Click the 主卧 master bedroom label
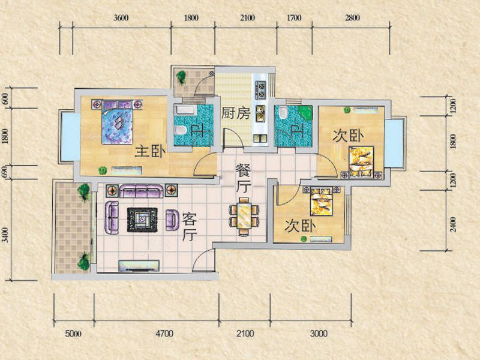point(151,152)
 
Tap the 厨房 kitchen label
point(235,113)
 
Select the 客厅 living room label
point(190,227)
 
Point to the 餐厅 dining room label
point(244,178)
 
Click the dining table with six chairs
point(244,217)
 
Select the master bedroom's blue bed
point(118,122)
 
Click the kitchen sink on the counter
point(260,113)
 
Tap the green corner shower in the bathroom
point(305,112)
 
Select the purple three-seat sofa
point(141,191)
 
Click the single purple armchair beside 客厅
point(173,220)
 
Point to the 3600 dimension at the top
point(121,18)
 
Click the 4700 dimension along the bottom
point(164,334)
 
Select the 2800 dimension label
point(352,18)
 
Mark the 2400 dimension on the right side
point(454,224)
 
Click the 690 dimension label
point(5,172)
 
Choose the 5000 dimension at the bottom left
point(73,334)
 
